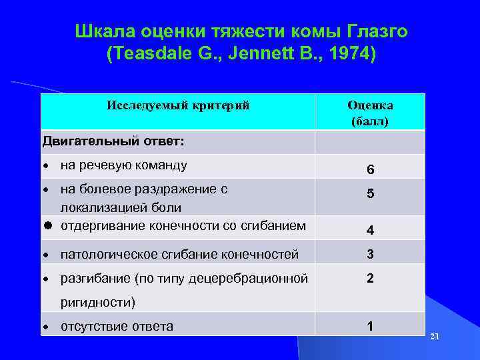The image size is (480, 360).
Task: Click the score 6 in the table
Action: [x=370, y=170]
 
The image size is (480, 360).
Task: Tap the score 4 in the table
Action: [x=370, y=231]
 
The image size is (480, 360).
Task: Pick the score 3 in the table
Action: [x=370, y=254]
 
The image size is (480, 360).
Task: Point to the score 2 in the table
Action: [x=370, y=278]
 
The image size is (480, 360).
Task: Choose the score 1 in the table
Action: [x=370, y=326]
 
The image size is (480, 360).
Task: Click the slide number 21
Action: [x=435, y=337]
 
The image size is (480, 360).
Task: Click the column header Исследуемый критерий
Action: [x=178, y=105]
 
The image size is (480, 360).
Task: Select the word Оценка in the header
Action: [x=370, y=105]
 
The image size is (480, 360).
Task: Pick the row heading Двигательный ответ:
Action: [x=113, y=141]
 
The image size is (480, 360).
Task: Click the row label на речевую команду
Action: [x=123, y=165]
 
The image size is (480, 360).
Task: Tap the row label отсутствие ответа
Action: [x=117, y=326]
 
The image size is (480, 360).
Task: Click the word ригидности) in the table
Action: [x=98, y=302]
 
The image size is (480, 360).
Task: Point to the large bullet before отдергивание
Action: [x=48, y=226]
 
